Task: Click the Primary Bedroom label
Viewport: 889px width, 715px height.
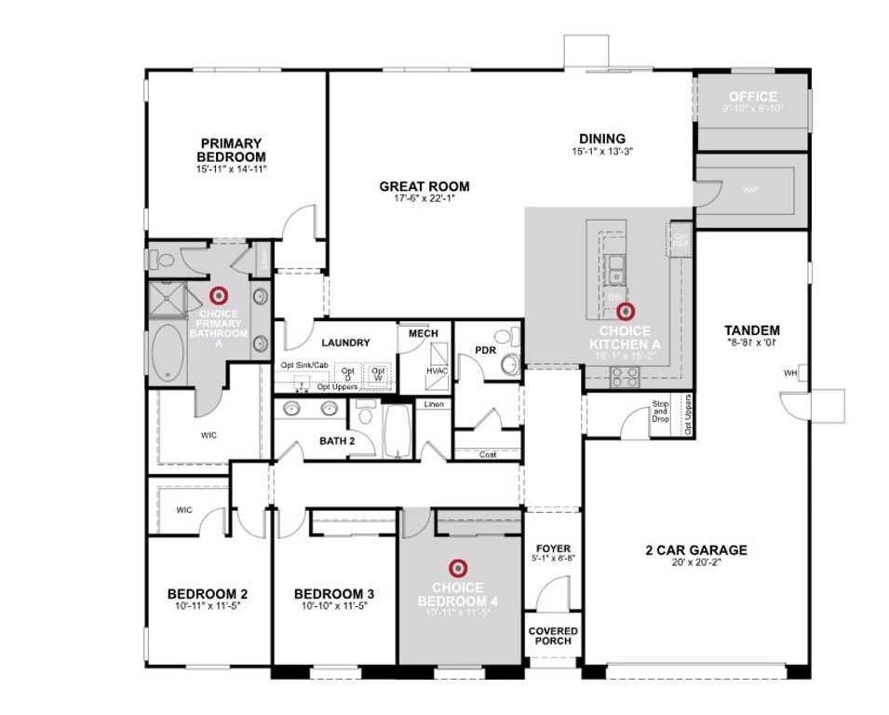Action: (231, 150)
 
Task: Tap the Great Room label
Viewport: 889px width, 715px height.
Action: (424, 186)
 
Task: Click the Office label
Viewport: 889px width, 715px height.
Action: (752, 97)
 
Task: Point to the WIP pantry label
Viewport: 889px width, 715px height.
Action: (750, 190)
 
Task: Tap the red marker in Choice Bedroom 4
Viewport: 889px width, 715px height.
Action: (456, 566)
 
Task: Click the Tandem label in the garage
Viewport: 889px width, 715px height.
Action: (751, 330)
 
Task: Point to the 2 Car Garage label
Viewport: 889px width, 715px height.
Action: (696, 549)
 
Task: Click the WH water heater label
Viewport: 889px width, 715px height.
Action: (791, 373)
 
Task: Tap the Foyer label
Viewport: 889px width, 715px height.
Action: (554, 548)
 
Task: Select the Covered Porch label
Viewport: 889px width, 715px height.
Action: (553, 635)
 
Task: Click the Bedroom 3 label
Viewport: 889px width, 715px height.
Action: (333, 593)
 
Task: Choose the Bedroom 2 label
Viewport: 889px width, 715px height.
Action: (207, 593)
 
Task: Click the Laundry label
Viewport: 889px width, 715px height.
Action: (346, 343)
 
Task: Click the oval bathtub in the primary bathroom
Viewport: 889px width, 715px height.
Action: (168, 353)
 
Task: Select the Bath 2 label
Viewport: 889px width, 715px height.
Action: (337, 439)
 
